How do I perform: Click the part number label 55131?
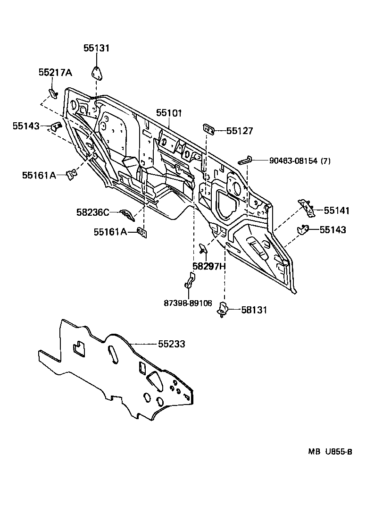click(96, 48)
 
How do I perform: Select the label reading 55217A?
click(55, 72)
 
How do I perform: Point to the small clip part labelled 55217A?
click(53, 92)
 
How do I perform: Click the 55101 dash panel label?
click(169, 113)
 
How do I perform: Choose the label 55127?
click(240, 131)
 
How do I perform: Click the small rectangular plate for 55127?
click(208, 128)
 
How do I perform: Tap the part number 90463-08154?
click(293, 160)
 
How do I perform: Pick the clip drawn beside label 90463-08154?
click(245, 160)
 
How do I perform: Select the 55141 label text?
click(333, 211)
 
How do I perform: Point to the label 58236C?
click(92, 212)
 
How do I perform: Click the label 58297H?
click(209, 266)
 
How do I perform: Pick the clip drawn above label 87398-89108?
click(189, 281)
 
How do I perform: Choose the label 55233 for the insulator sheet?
click(171, 345)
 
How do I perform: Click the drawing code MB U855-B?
click(330, 452)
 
